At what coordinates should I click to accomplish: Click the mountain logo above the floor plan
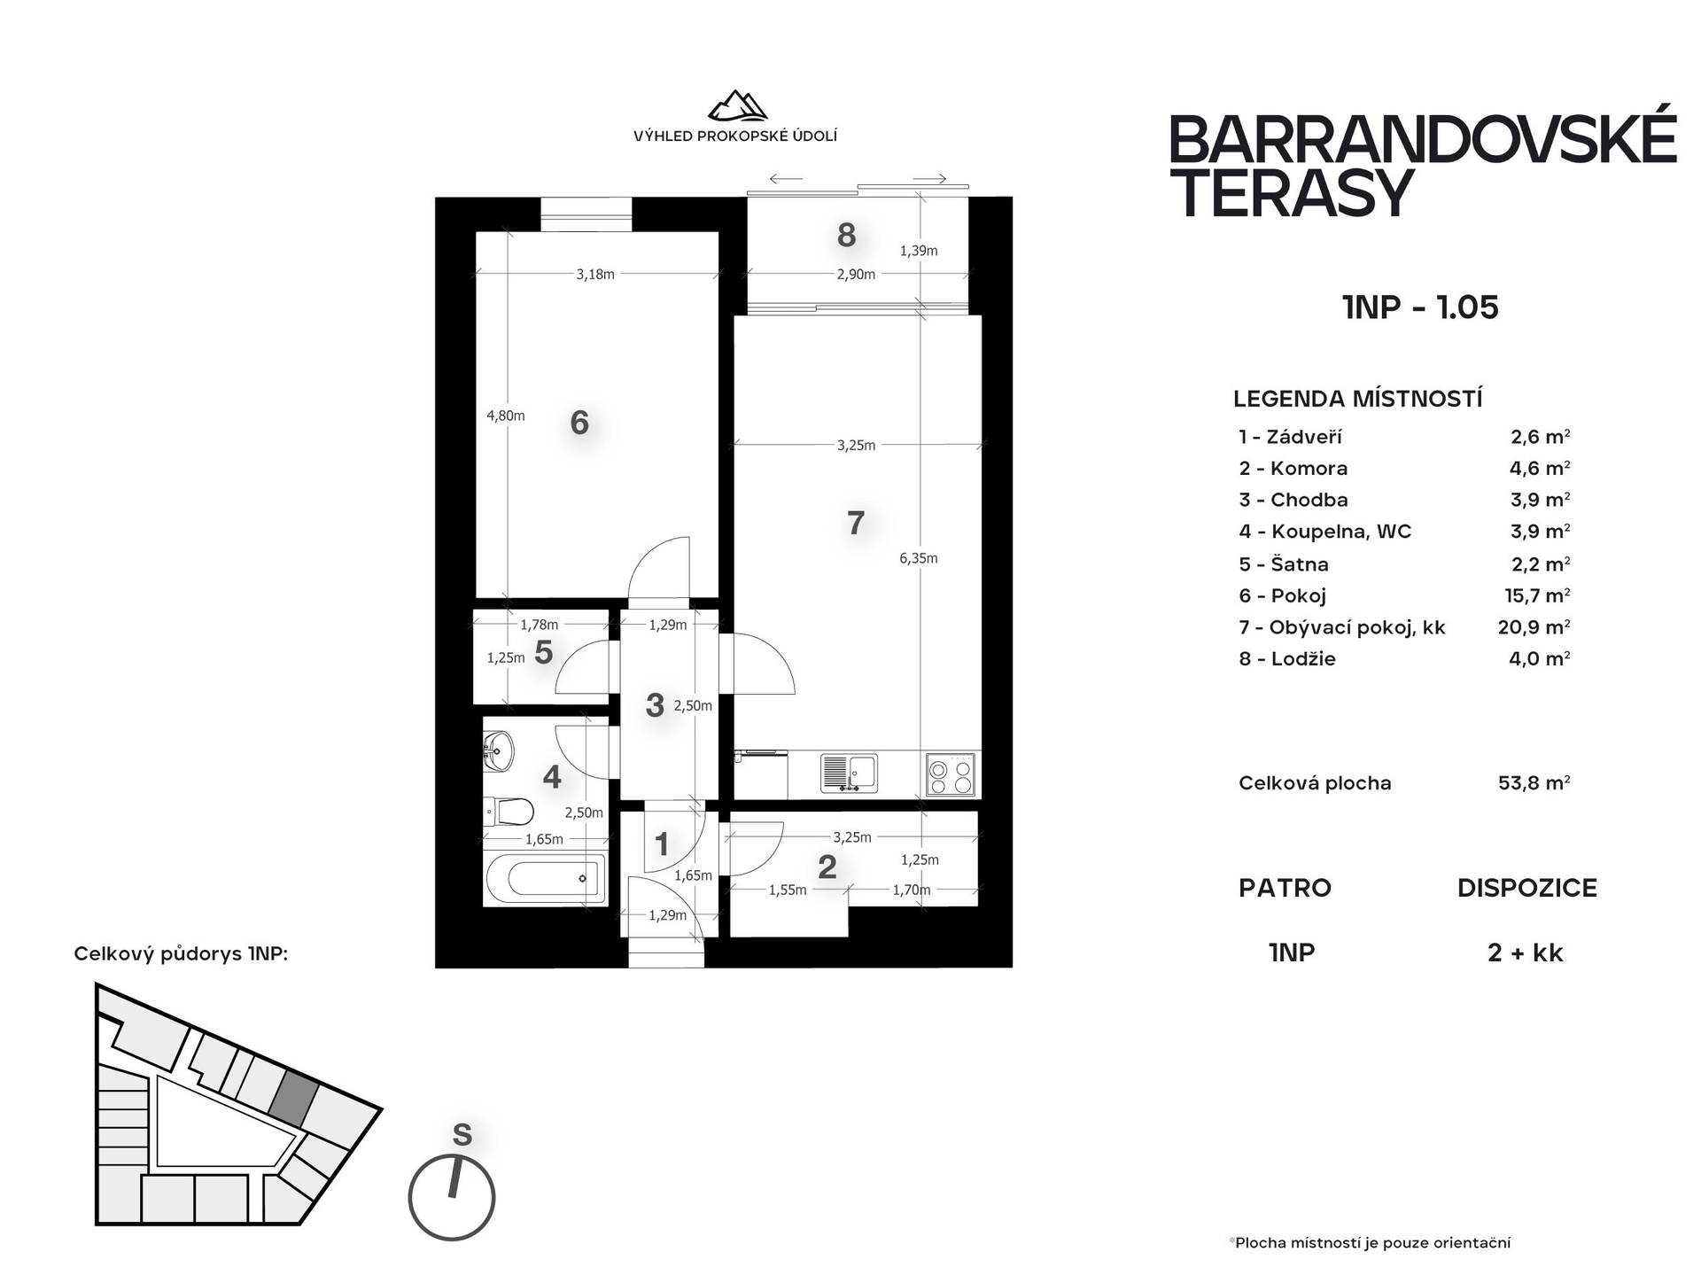pyautogui.click(x=737, y=105)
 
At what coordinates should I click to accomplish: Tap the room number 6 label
pyautogui.click(x=579, y=423)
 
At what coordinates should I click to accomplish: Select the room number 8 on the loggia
pyautogui.click(x=846, y=235)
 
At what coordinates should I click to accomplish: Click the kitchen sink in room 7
pyautogui.click(x=849, y=773)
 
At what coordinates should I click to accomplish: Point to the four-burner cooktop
pyautogui.click(x=951, y=774)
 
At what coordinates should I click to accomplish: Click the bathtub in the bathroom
pyautogui.click(x=545, y=879)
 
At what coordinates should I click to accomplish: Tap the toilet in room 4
pyautogui.click(x=509, y=811)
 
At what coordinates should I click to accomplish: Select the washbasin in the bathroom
pyautogui.click(x=498, y=753)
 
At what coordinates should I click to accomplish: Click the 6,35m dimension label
pyautogui.click(x=919, y=558)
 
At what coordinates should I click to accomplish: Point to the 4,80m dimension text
pyautogui.click(x=506, y=416)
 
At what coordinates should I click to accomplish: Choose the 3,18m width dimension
pyautogui.click(x=595, y=275)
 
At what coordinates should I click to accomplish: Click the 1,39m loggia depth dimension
pyautogui.click(x=919, y=251)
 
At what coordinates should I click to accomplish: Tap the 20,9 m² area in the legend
pyautogui.click(x=1534, y=627)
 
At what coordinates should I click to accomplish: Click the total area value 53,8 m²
pyautogui.click(x=1534, y=783)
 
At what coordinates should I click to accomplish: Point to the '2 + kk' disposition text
pyautogui.click(x=1526, y=953)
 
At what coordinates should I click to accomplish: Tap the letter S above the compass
pyautogui.click(x=462, y=1135)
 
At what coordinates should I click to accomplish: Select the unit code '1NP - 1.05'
pyautogui.click(x=1420, y=307)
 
